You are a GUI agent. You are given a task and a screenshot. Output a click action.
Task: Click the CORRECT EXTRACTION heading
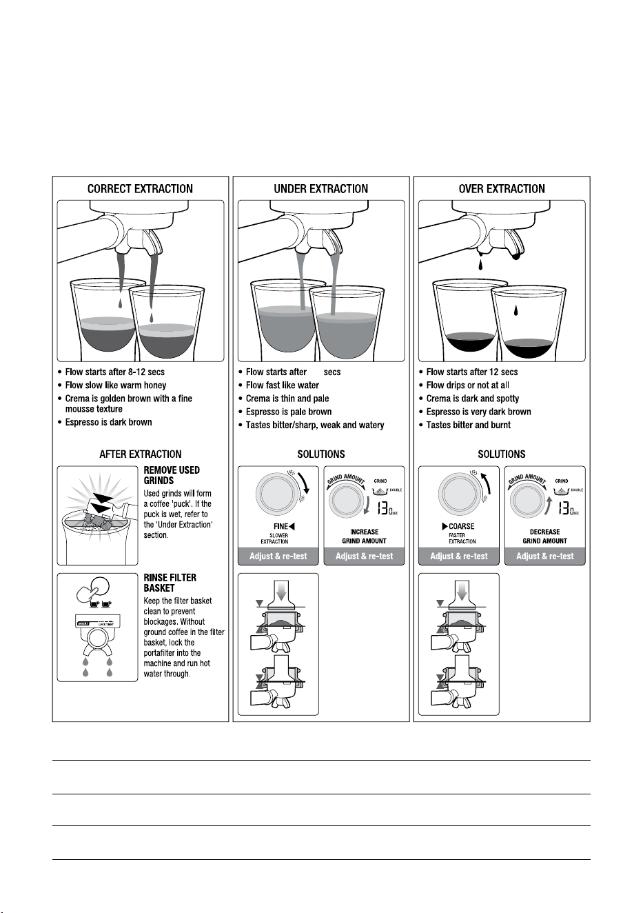coord(140,189)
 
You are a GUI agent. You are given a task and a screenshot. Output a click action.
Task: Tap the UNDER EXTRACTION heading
coord(320,189)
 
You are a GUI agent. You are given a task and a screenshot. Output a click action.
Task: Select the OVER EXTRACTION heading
coord(502,189)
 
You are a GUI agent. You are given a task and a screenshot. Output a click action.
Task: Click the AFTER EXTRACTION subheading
coord(141,454)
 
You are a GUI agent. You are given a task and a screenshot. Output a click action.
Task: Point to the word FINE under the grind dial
coord(280,526)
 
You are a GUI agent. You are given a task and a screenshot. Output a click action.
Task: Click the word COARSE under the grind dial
coord(461,526)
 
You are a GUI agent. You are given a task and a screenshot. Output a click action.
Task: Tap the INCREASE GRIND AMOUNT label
coord(365,536)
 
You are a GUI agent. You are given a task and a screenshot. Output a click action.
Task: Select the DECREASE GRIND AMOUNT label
coord(545,536)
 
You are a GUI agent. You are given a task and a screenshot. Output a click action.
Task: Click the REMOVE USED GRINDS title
coord(172,475)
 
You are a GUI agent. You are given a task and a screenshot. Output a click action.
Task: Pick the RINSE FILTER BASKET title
coord(170,583)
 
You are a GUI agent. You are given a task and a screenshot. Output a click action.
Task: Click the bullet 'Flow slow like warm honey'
coord(116,385)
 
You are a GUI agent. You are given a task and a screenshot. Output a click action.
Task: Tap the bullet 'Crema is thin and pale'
coord(287,398)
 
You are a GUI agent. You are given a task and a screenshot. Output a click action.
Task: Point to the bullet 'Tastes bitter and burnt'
coord(468,425)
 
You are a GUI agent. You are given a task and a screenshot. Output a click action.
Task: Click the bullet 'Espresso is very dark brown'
coord(479,412)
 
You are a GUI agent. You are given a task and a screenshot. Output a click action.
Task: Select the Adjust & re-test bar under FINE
coord(278,556)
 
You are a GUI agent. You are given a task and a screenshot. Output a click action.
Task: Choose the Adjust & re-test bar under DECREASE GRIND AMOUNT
coord(545,556)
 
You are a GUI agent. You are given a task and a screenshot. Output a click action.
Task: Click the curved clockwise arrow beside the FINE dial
coord(305,483)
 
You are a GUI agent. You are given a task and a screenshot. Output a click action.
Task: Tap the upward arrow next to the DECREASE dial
coord(549,505)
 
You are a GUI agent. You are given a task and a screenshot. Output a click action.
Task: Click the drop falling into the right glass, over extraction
coord(516,311)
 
